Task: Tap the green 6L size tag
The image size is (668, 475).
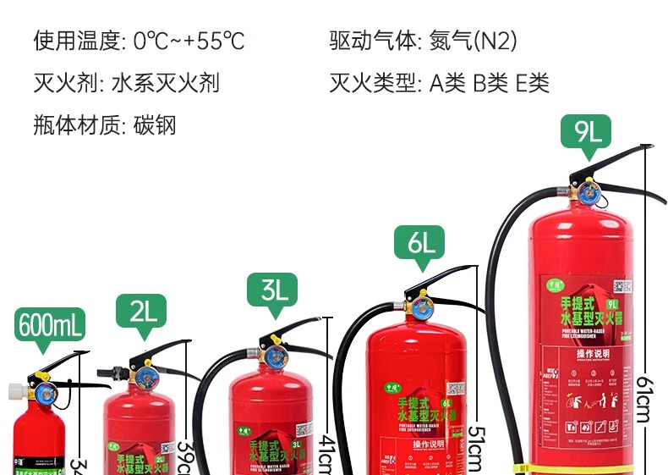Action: click(419, 243)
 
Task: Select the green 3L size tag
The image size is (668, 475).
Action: click(273, 290)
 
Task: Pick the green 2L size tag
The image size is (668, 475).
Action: click(141, 311)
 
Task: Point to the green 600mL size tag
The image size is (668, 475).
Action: click(51, 325)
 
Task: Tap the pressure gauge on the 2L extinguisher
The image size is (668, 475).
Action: click(141, 374)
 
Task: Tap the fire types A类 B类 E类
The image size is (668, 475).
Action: click(490, 83)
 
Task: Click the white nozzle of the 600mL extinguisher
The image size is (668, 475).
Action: click(14, 391)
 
